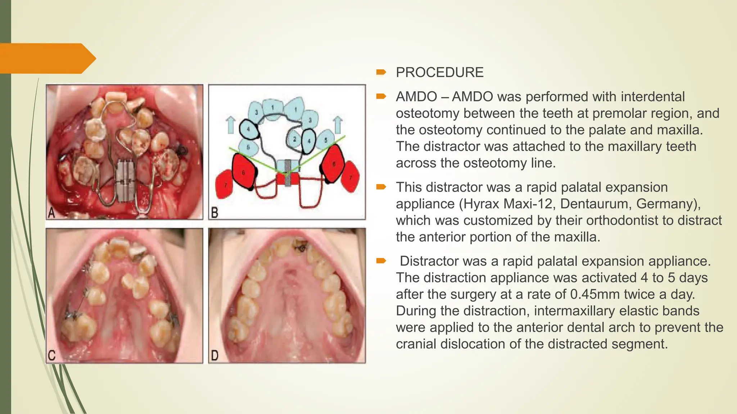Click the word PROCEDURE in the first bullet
[x=439, y=73]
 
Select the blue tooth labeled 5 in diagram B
[x=326, y=139]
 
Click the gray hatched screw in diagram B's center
[x=288, y=173]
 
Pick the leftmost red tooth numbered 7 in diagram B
[x=225, y=185]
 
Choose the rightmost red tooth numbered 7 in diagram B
[x=351, y=177]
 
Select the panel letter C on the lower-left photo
[x=51, y=356]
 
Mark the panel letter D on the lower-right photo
[x=214, y=356]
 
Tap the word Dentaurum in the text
[x=594, y=204]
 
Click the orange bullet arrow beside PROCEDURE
[x=381, y=73]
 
